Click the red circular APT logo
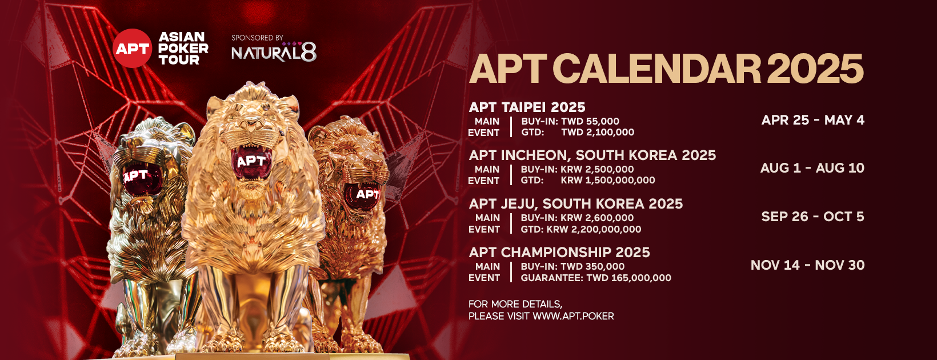coord(132,48)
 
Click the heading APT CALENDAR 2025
coord(667,69)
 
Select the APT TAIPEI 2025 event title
coord(527,107)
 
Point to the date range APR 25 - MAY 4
coord(813,120)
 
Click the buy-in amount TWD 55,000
coord(590,121)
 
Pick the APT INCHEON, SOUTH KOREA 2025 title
coord(592,155)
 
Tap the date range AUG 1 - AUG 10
coord(812,168)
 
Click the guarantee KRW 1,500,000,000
coord(608,181)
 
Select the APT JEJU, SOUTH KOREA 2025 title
coord(575,204)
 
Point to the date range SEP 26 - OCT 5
coord(813,217)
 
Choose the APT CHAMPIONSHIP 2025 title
coord(559,253)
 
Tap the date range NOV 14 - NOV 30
coord(808,265)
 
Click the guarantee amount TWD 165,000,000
coord(628,278)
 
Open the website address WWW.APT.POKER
coord(573,316)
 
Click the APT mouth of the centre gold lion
coord(251,162)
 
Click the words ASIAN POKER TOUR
coord(183,48)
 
